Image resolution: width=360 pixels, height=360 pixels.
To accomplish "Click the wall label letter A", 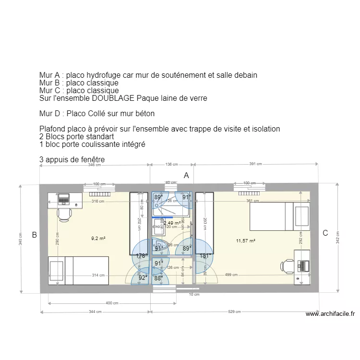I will click(186, 176).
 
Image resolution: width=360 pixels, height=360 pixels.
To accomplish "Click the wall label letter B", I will click(34, 235).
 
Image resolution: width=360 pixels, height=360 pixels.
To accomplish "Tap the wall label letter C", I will click(325, 233).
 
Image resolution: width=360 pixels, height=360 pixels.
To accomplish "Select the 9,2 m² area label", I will click(98, 238).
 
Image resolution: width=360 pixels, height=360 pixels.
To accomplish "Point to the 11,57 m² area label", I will click(245, 240).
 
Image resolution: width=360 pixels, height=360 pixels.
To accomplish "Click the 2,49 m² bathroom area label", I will click(171, 223).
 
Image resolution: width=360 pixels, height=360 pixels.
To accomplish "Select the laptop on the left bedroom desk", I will click(64, 198).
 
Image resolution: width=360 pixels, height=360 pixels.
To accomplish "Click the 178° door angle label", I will click(141, 256).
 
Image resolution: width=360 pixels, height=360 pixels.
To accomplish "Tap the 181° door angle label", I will click(205, 256).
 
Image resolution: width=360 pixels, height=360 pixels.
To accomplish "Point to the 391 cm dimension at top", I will click(255, 164).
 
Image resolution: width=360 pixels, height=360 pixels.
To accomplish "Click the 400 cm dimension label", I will click(112, 303).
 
